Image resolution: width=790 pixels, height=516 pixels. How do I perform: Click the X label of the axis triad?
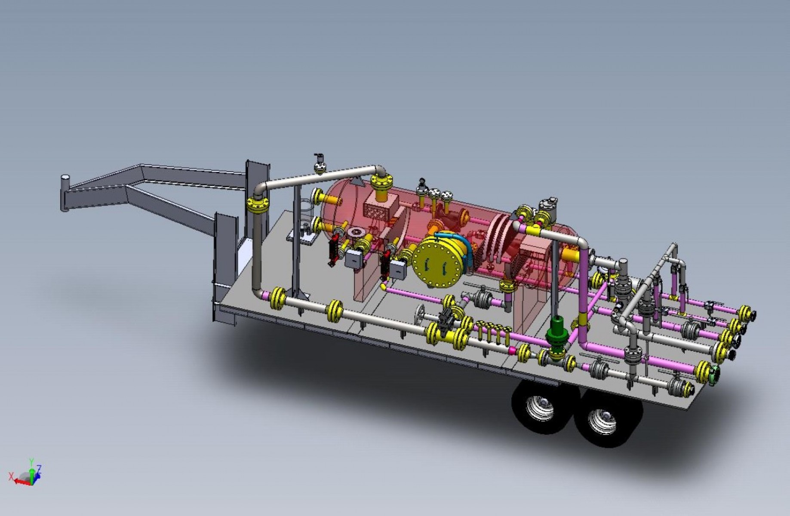[10, 476]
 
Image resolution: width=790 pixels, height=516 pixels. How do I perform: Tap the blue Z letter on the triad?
[39, 468]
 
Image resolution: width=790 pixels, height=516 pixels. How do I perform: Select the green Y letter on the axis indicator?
[31, 462]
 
